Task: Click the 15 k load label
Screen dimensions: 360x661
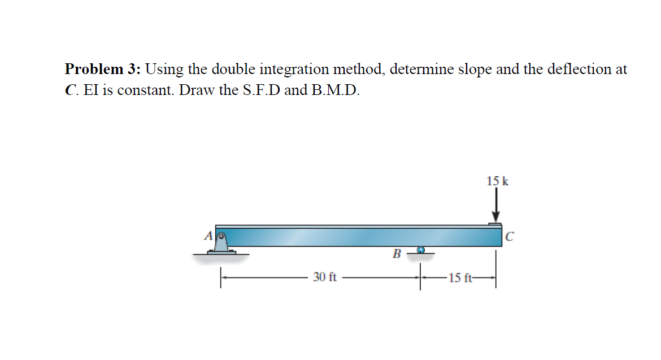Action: point(497,181)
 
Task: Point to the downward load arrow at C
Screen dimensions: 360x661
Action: point(496,206)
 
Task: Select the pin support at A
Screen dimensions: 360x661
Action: point(221,243)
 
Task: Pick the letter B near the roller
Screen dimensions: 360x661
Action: point(397,254)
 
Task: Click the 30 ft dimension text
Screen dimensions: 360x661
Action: point(325,277)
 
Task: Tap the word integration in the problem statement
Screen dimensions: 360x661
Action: point(294,70)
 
